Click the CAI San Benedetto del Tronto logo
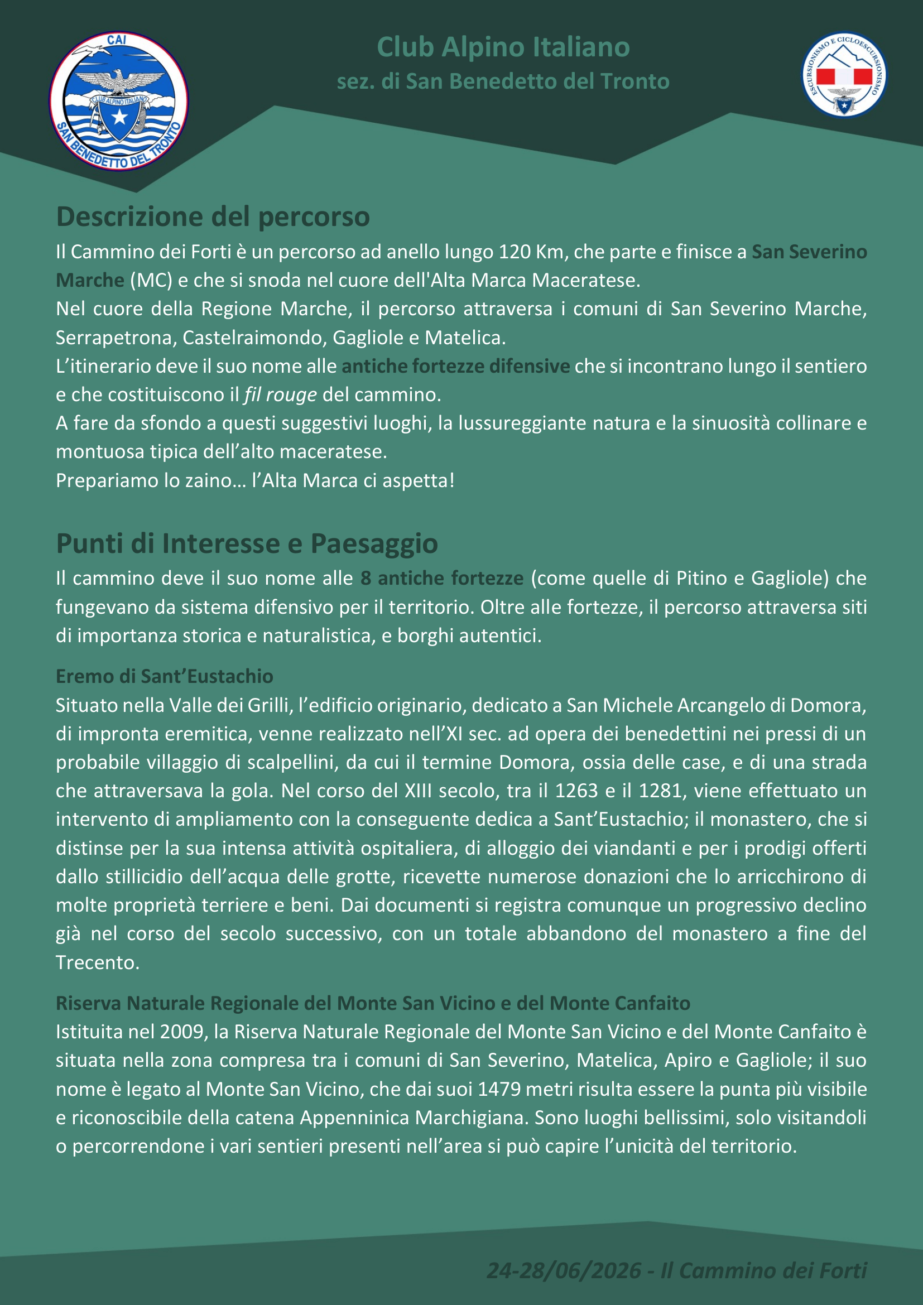[119, 101]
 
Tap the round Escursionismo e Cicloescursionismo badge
[844, 74]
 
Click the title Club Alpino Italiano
[503, 47]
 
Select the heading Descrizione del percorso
[213, 217]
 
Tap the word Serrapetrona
[116, 338]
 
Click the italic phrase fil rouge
[280, 394]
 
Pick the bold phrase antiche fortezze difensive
[455, 366]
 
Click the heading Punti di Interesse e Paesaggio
[247, 543]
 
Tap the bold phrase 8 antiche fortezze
[441, 578]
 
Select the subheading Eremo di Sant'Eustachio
[164, 676]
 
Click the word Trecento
[97, 962]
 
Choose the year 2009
[182, 1032]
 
